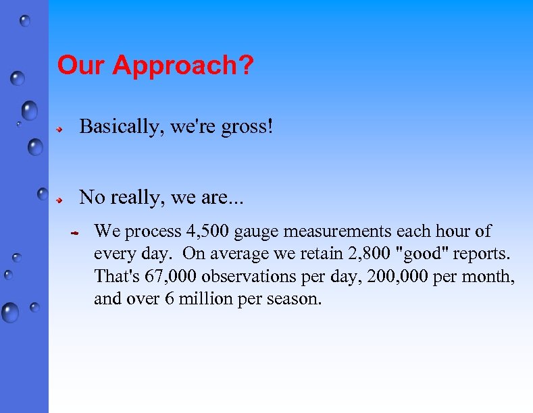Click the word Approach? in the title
[x=183, y=66]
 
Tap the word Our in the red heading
[x=82, y=65]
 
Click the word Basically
[x=122, y=127]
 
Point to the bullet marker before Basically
[x=60, y=128]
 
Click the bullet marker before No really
[x=60, y=199]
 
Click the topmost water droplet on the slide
[x=25, y=21]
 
